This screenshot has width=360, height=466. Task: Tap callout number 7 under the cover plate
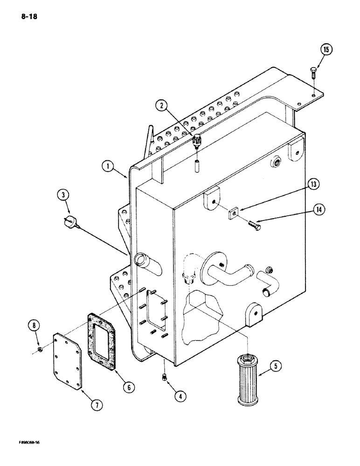pos(96,405)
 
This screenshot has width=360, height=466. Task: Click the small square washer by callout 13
pos(232,213)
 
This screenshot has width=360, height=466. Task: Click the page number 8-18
pos(28,17)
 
